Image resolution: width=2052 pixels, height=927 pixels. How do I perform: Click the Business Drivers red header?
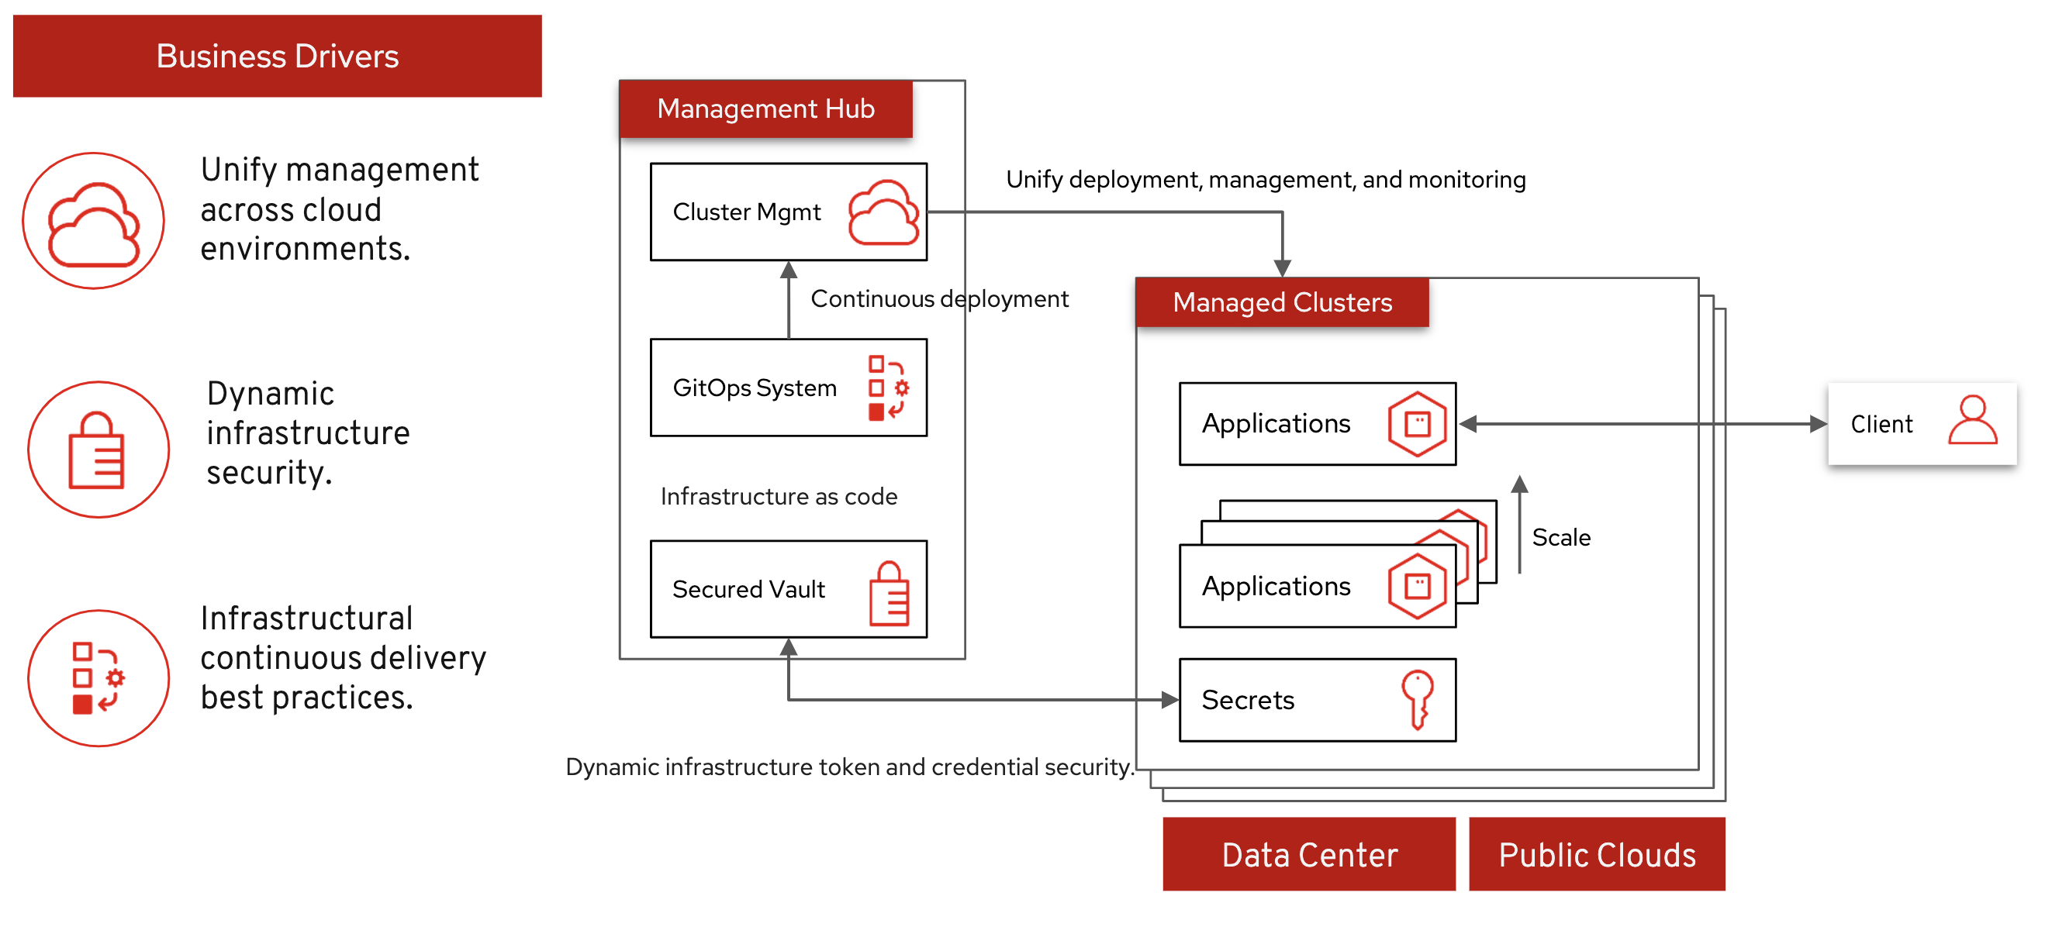[x=277, y=56]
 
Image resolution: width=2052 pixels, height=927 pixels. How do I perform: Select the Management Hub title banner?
[x=765, y=109]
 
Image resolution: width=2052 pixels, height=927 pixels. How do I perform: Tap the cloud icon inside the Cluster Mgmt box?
[x=883, y=212]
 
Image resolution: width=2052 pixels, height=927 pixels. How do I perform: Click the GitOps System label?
[x=755, y=388]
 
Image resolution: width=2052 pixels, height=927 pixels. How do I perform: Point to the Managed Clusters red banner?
[x=1282, y=302]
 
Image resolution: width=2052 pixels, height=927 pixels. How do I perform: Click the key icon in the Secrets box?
[x=1418, y=698]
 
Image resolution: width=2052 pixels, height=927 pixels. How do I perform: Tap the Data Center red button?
[x=1309, y=853]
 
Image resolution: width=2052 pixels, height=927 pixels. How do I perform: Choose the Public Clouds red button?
[x=1596, y=853]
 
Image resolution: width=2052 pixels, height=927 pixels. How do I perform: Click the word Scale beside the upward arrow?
[x=1560, y=538]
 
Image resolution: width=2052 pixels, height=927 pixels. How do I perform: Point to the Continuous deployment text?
[x=939, y=298]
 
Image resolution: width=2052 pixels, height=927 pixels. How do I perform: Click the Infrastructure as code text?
[x=779, y=496]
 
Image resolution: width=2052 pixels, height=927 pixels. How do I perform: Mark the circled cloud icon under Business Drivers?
[x=93, y=221]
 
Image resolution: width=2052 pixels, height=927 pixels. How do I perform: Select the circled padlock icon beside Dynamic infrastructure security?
[x=98, y=450]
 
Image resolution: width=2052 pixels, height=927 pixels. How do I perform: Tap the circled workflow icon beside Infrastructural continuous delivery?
[x=98, y=678]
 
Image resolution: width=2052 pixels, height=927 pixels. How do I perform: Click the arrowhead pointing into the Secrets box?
[x=1169, y=700]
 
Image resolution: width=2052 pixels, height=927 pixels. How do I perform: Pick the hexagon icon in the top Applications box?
[x=1417, y=424]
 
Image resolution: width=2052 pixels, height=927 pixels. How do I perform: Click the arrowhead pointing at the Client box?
[x=1817, y=424]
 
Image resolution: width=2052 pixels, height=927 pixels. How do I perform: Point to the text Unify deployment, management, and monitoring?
[x=1265, y=180]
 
